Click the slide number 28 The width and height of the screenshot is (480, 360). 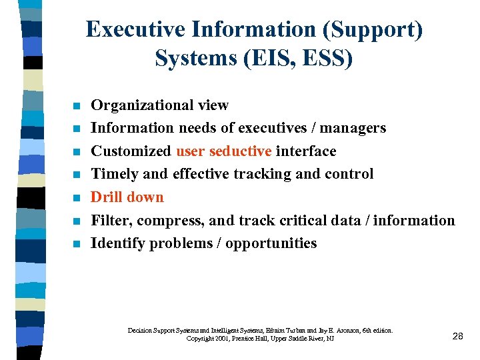[457, 336]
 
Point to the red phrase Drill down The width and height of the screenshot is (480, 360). [127, 197]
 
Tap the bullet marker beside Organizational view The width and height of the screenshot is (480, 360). [77, 106]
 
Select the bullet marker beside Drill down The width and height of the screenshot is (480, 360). [77, 198]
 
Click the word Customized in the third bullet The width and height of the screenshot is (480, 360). [131, 151]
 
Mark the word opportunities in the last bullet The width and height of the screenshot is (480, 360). [271, 243]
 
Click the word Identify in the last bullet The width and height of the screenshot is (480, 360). [118, 243]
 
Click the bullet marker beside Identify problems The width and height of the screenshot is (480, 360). [77, 244]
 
